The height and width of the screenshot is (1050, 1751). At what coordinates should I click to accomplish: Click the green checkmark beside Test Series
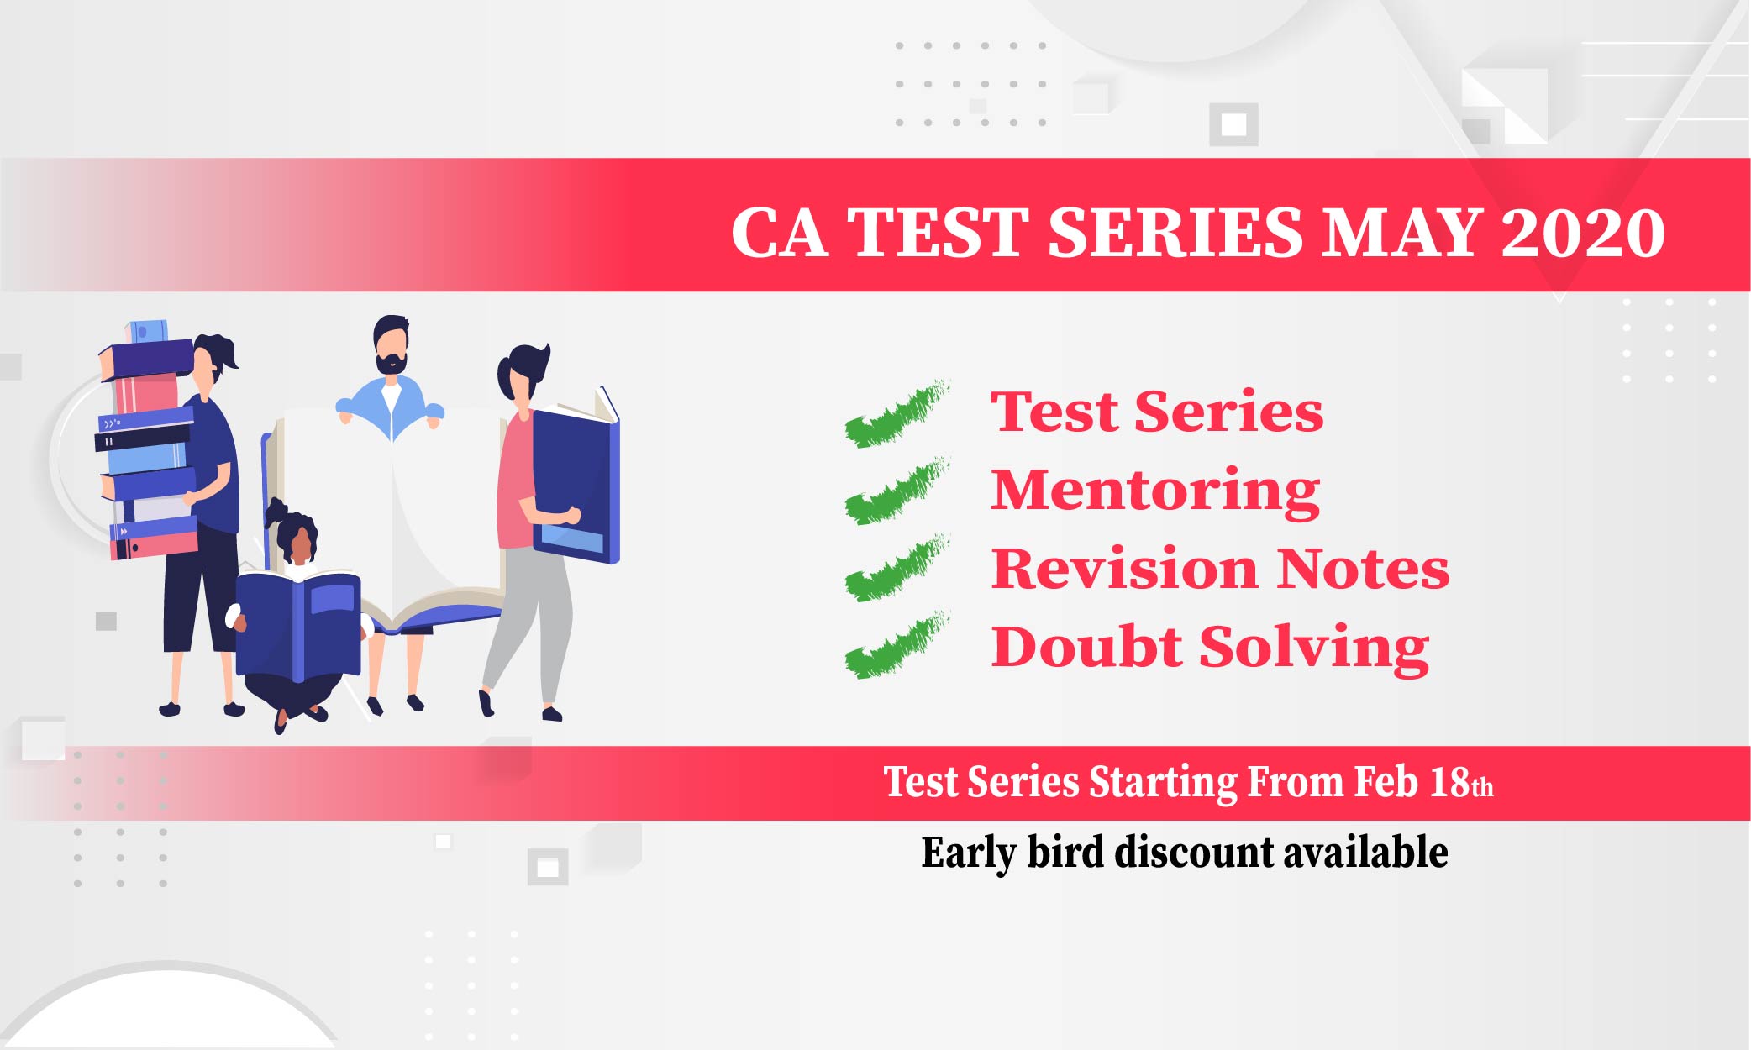tap(897, 413)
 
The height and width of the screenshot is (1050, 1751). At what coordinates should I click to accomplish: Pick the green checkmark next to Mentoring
tap(897, 491)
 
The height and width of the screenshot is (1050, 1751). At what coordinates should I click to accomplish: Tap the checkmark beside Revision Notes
tap(897, 568)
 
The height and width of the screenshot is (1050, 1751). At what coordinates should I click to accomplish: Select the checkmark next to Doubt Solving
tap(897, 645)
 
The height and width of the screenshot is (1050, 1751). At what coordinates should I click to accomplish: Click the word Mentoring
tap(1155, 492)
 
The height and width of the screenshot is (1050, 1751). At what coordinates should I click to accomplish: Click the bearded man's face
tap(391, 347)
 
